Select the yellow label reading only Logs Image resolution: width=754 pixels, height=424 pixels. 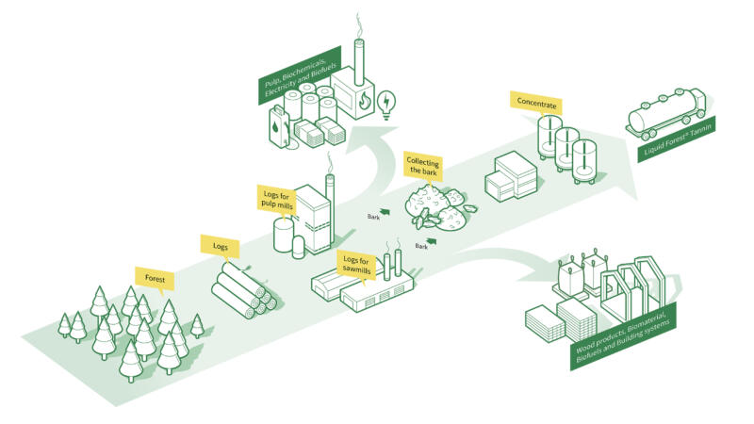[214, 245]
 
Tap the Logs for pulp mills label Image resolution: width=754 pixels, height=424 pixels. [276, 199]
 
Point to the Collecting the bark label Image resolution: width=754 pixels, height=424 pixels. [423, 167]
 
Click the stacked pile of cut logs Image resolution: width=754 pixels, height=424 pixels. [242, 289]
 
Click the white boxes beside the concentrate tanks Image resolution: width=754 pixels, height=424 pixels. [510, 176]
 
